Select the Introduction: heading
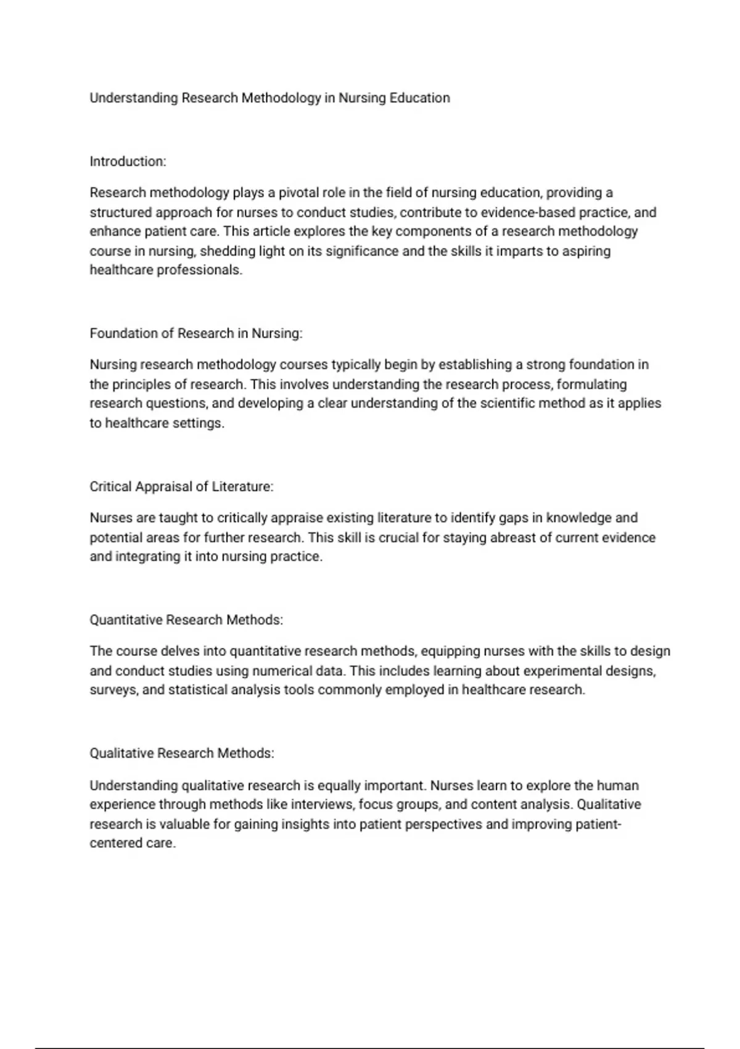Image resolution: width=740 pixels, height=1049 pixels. pyautogui.click(x=128, y=162)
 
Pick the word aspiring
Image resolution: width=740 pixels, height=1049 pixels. pyautogui.click(x=586, y=251)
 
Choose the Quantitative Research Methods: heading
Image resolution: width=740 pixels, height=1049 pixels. pyautogui.click(x=186, y=620)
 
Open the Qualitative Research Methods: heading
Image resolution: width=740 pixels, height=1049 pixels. pyautogui.click(x=182, y=753)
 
